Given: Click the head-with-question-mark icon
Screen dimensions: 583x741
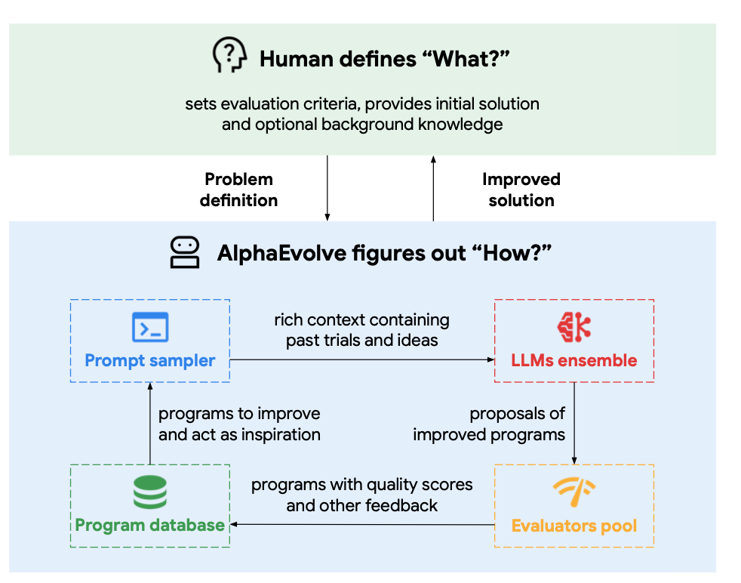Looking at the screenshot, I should [x=229, y=57].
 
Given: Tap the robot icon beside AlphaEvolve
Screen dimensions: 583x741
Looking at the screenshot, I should [x=185, y=252].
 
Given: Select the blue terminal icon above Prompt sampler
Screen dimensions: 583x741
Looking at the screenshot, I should [x=150, y=328].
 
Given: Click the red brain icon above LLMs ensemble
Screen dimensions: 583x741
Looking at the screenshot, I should [x=574, y=327].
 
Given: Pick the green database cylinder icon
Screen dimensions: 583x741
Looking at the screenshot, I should [x=150, y=493].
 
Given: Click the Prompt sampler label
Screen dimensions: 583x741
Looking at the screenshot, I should [x=150, y=360].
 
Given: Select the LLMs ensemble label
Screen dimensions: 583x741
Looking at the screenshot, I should [x=574, y=360].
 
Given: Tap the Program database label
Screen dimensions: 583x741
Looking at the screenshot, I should [x=150, y=525].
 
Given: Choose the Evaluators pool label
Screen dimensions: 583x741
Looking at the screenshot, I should [x=574, y=525].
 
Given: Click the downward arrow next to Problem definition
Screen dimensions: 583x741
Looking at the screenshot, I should [x=327, y=189].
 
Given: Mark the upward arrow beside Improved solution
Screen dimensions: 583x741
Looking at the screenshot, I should [x=433, y=189].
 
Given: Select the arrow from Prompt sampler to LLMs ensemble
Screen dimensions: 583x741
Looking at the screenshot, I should [x=362, y=360].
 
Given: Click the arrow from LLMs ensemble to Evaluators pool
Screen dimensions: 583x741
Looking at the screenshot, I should [x=574, y=423].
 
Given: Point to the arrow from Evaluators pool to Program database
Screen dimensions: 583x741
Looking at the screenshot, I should [x=362, y=524].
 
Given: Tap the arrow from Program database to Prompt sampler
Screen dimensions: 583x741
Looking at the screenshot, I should [x=149, y=423].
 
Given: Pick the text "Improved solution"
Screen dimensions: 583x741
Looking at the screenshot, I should [x=521, y=190].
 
